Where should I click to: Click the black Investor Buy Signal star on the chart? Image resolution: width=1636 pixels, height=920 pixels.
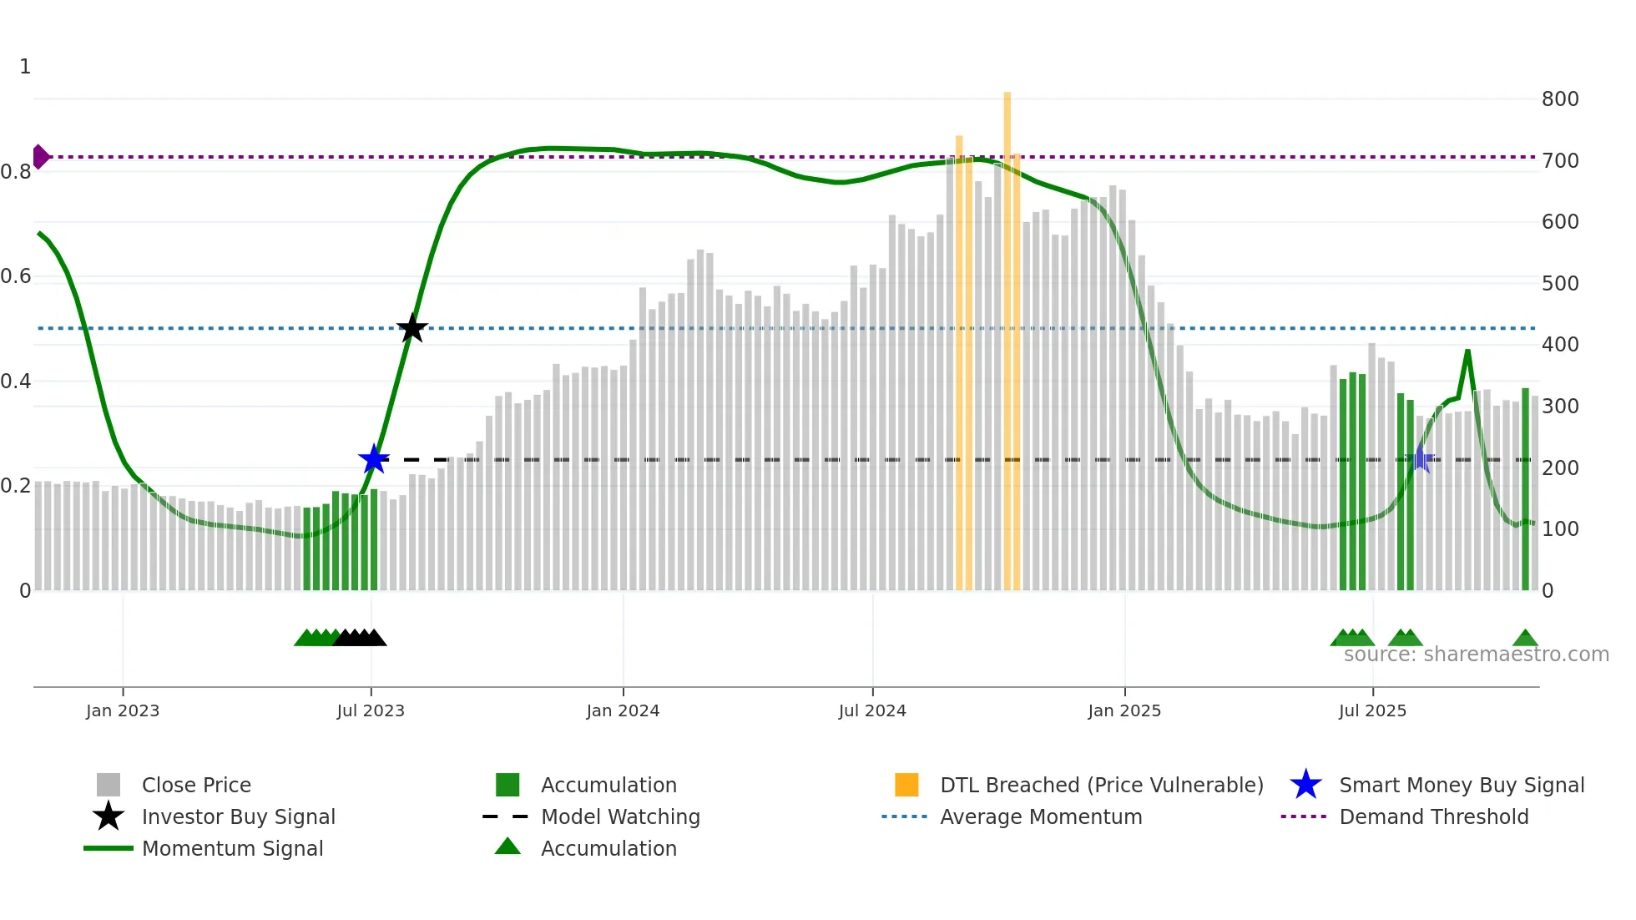click(x=412, y=328)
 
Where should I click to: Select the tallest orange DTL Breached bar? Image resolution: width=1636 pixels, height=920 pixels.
click(x=1007, y=334)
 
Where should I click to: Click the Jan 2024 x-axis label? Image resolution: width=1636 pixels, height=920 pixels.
click(x=623, y=710)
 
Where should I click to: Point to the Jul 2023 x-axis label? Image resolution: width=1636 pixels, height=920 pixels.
click(x=371, y=710)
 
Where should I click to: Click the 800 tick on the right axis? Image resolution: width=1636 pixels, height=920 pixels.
click(x=1560, y=99)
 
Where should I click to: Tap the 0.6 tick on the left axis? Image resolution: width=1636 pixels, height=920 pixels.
click(x=16, y=276)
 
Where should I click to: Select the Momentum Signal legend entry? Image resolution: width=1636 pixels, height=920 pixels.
click(x=232, y=848)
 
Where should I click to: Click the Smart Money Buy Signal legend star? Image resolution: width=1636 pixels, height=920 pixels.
click(x=1305, y=785)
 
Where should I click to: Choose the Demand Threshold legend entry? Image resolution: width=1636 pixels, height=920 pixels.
click(x=1433, y=816)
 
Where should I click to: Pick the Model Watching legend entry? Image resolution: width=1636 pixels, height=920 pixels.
click(x=620, y=816)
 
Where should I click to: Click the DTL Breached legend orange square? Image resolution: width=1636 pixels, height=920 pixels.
click(x=906, y=785)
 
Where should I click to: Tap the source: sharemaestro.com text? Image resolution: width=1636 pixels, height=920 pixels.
click(x=1476, y=655)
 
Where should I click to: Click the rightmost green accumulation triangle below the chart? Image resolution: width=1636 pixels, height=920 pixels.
click(x=1525, y=639)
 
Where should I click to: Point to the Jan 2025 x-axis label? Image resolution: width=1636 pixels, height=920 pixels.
click(x=1124, y=710)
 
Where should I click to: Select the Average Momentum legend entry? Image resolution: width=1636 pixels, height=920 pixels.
click(x=1041, y=816)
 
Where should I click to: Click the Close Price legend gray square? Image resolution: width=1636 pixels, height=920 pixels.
click(x=109, y=785)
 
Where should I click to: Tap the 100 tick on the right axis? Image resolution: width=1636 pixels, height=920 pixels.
click(x=1560, y=529)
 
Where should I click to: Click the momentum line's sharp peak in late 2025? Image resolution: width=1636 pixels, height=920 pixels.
click(x=1467, y=351)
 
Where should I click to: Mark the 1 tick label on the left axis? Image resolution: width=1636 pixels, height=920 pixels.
click(x=25, y=67)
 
